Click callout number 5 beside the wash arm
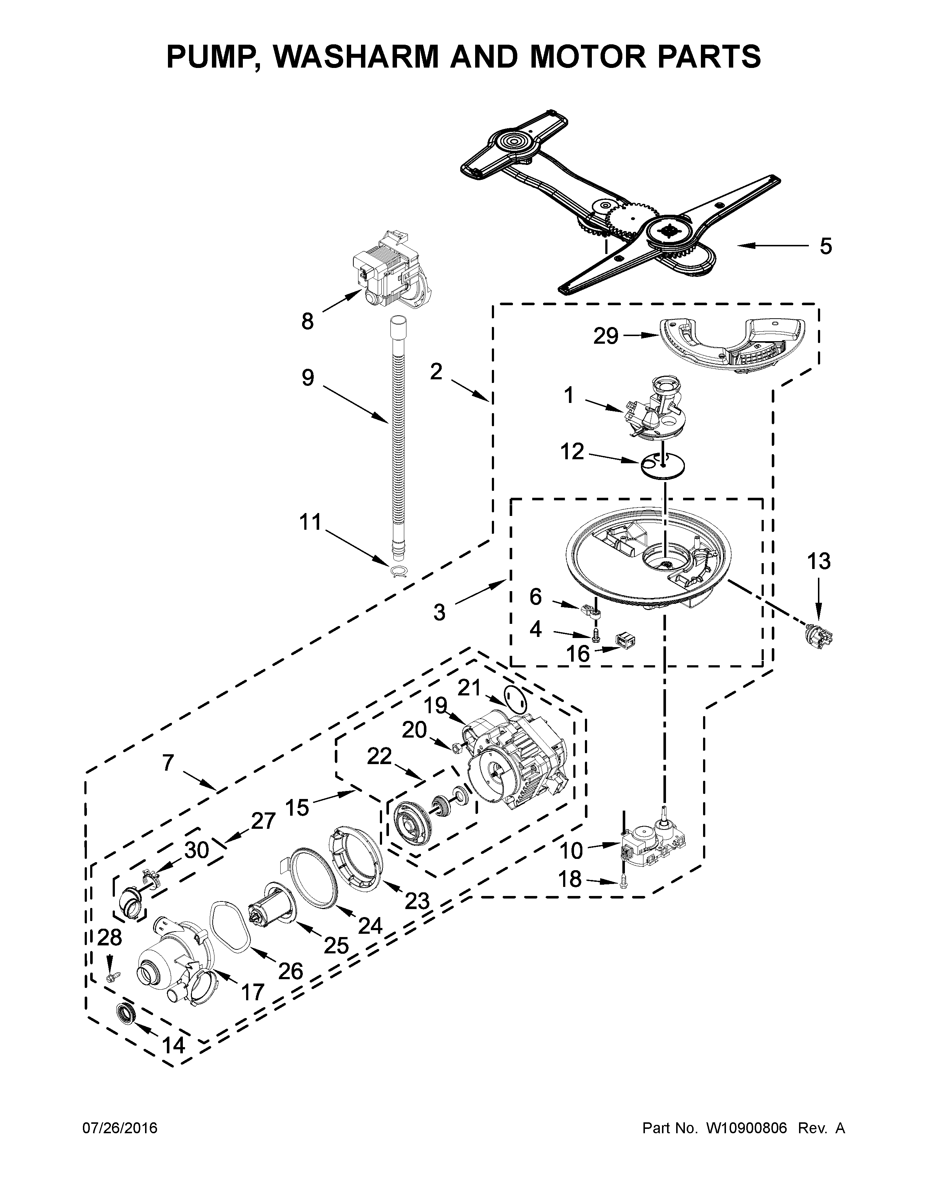(826, 246)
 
